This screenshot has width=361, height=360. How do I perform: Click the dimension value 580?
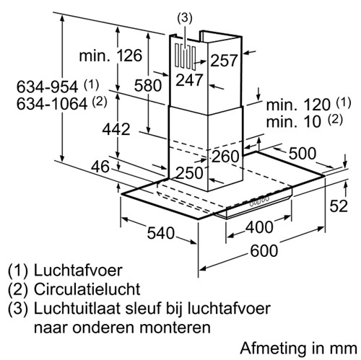pyautogui.click(x=148, y=85)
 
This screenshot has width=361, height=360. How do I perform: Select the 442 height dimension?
pyautogui.click(x=116, y=129)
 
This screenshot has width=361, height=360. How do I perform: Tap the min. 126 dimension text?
pyautogui.click(x=110, y=56)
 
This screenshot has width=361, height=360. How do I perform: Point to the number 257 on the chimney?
pyautogui.click(x=224, y=60)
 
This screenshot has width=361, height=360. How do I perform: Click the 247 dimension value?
pyautogui.click(x=189, y=80)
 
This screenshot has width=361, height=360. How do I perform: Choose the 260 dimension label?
pyautogui.click(x=225, y=157)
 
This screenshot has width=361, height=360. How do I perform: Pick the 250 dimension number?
pyautogui.click(x=190, y=172)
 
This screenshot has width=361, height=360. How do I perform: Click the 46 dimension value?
pyautogui.click(x=100, y=167)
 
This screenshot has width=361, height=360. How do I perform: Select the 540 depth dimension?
pyautogui.click(x=161, y=233)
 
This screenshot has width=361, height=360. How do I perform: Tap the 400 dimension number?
pyautogui.click(x=259, y=227)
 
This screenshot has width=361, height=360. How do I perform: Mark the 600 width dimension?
pyautogui.click(x=264, y=250)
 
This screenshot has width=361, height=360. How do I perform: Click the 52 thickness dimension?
pyautogui.click(x=339, y=206)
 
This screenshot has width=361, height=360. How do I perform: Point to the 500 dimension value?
pyautogui.click(x=303, y=154)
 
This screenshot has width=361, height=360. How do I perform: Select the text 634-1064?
pyautogui.click(x=52, y=104)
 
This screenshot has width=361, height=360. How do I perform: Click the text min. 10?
pyautogui.click(x=294, y=121)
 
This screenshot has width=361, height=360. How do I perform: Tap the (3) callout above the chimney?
pyautogui.click(x=185, y=19)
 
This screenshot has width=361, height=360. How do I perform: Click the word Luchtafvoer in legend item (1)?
pyautogui.click(x=78, y=271)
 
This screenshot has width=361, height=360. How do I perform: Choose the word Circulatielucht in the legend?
pyautogui.click(x=87, y=289)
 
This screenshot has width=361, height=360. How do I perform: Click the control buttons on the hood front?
pyautogui.click(x=259, y=201)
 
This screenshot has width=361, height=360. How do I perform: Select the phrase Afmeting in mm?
pyautogui.click(x=299, y=348)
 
